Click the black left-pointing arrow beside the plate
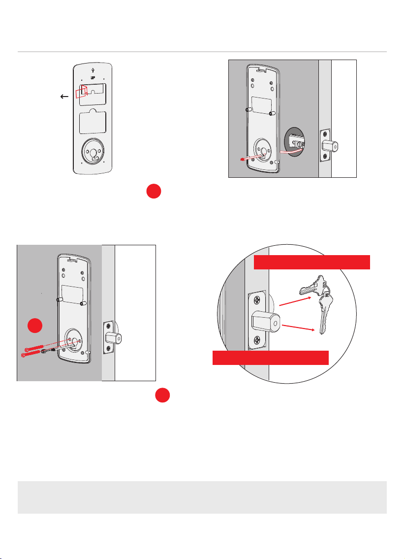click(x=64, y=97)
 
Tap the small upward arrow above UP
click(x=93, y=70)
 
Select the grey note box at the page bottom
click(x=202, y=497)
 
